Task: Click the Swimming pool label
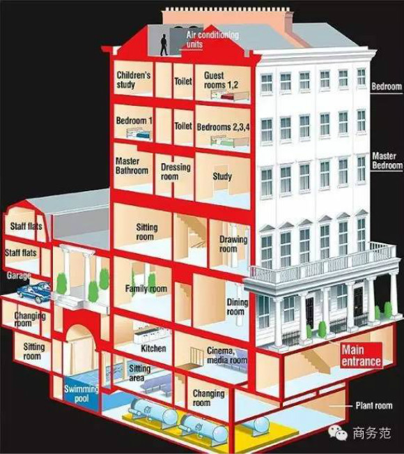click(81, 393)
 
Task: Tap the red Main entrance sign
click(361, 356)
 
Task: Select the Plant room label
click(374, 406)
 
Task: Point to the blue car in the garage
click(34, 292)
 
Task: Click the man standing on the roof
click(164, 45)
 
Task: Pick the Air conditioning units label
click(212, 39)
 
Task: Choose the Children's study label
click(133, 80)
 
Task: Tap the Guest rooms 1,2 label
click(221, 80)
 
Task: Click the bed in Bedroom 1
click(139, 133)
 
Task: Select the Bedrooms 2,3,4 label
click(224, 127)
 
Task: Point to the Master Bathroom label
click(132, 165)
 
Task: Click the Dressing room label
click(176, 172)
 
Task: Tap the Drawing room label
click(233, 244)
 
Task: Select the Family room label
click(146, 289)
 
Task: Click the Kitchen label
click(153, 348)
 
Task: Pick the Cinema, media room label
click(226, 355)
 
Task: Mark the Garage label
click(19, 275)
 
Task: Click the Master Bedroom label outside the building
click(387, 160)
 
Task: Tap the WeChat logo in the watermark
click(338, 433)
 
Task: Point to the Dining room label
click(237, 307)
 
